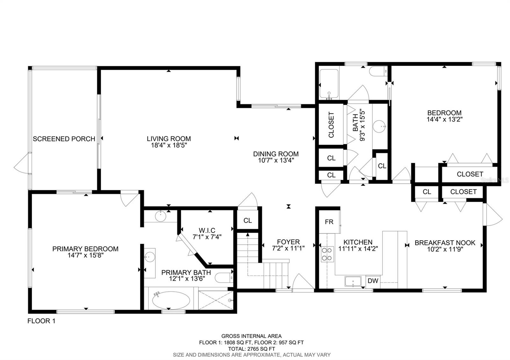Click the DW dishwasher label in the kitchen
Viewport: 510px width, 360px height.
[373, 281]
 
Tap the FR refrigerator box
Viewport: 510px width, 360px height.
[329, 222]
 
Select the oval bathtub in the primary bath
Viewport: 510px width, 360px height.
[171, 300]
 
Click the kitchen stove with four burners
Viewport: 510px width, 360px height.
[327, 254]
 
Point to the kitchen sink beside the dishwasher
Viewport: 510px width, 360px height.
[353, 282]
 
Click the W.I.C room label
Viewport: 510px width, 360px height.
[207, 230]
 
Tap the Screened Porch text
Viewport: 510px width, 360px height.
[64, 139]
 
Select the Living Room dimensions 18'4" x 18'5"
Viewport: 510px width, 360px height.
[169, 145]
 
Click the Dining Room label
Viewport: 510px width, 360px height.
[276, 154]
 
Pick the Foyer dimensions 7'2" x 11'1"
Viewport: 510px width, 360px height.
[288, 248]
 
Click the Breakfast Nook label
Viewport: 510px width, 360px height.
[445, 243]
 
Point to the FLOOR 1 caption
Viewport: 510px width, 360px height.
[41, 321]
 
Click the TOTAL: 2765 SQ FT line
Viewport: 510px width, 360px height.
[251, 349]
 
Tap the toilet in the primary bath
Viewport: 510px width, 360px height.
[224, 277]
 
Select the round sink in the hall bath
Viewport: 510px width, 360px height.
[379, 126]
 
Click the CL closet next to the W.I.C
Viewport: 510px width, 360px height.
[247, 220]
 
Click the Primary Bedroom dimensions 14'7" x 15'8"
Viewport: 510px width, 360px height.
[85, 255]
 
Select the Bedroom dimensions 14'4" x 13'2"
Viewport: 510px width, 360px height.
[444, 119]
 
